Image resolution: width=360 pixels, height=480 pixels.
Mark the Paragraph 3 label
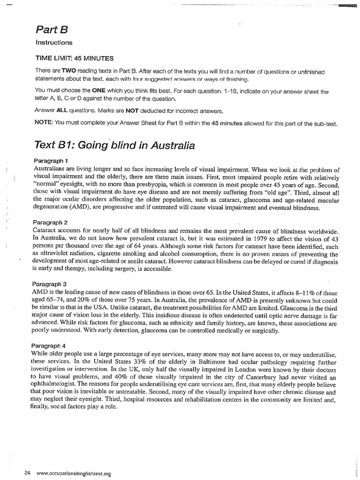click(x=52, y=284)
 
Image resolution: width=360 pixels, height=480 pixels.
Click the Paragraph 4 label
click(x=52, y=345)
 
